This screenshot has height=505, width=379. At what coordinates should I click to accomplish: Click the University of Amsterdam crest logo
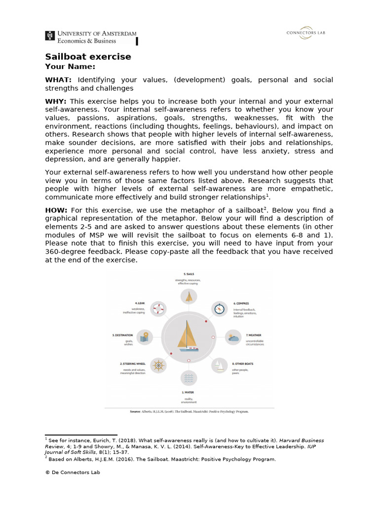(50, 36)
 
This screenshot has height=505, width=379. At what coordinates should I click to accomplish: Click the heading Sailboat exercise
(88, 56)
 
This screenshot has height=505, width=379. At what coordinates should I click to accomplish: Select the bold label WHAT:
(58, 80)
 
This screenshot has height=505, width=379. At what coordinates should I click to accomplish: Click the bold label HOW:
(56, 210)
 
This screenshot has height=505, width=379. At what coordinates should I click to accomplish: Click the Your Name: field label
(70, 67)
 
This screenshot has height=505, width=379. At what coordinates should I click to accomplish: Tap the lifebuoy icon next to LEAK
(158, 309)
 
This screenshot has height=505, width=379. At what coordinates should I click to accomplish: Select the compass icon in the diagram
(219, 309)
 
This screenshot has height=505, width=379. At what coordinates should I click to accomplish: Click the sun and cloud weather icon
(233, 338)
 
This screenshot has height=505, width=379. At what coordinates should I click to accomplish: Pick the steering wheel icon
(158, 365)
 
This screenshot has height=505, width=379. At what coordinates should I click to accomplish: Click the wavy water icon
(189, 378)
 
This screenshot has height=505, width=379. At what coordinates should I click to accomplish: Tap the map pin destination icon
(144, 337)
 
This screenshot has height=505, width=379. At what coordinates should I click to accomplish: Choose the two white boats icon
(219, 365)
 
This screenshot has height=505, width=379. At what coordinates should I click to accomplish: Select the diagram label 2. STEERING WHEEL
(132, 363)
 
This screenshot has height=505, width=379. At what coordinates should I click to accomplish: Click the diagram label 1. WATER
(188, 393)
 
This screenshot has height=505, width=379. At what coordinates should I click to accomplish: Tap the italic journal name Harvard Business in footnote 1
(303, 440)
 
